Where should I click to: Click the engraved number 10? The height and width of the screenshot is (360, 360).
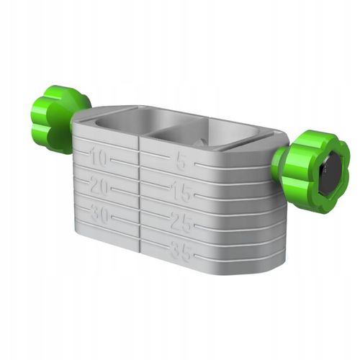(99, 157)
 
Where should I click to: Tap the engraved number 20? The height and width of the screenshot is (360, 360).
(99, 186)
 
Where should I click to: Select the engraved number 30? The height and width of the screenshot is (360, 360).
(99, 214)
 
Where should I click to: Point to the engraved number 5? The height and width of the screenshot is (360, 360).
(181, 162)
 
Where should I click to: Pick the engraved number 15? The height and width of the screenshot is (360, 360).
(181, 192)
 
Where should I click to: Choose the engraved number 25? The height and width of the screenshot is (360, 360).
(181, 222)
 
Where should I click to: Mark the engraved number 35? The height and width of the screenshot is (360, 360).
(181, 251)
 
